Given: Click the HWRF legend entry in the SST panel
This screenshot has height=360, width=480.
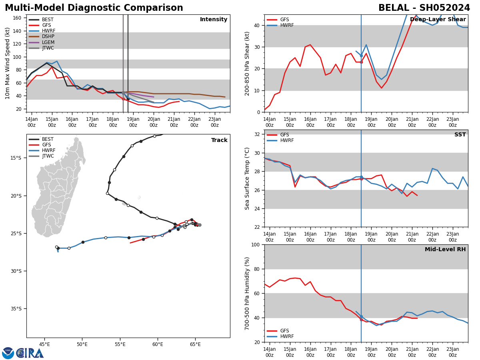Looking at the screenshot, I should (287, 141).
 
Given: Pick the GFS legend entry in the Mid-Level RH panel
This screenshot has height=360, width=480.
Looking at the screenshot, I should (284, 331).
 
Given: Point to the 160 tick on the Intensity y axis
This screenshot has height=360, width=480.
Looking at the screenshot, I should (18, 18).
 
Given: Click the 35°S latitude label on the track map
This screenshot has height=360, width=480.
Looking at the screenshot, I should (16, 309).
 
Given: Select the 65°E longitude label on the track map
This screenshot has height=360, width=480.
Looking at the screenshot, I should (195, 344).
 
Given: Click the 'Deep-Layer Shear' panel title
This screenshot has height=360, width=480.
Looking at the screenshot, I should (438, 20).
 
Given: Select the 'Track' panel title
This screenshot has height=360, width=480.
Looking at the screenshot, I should (219, 140).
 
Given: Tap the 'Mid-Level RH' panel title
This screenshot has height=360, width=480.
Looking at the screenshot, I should (445, 250).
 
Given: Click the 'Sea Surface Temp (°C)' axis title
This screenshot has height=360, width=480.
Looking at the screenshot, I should (248, 178).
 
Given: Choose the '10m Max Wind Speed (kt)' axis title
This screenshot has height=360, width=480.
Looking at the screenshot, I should (8, 63).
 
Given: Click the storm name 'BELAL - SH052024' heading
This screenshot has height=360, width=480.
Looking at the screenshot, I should (424, 8).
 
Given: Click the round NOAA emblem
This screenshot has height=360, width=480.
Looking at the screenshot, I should (8, 353).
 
